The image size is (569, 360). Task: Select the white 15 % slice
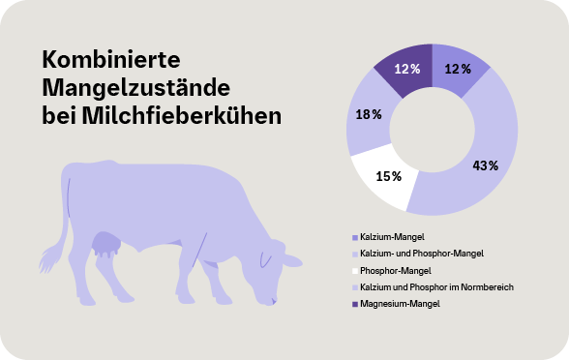[x=383, y=179]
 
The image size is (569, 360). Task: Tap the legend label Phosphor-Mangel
[x=396, y=270]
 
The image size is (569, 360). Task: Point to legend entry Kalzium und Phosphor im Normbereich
[x=436, y=287]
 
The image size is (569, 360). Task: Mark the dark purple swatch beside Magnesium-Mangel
[x=354, y=305]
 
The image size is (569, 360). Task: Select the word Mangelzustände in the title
[x=135, y=88]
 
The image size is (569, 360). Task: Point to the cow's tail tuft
[x=46, y=259]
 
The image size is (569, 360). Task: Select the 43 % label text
[x=484, y=165]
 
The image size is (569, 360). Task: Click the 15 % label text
[x=389, y=176]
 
